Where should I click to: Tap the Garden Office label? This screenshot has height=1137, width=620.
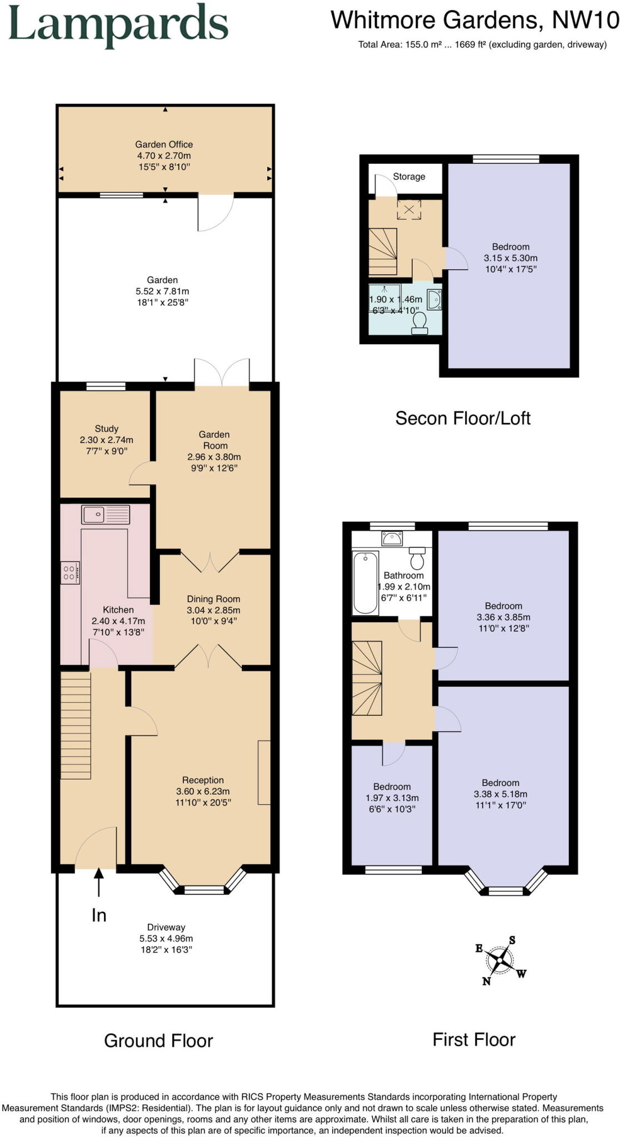tap(164, 144)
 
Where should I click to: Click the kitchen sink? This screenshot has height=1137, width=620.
tap(106, 515)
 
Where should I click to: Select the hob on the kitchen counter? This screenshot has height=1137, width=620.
tap(70, 573)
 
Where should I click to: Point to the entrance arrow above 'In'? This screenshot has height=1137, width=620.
tap(99, 882)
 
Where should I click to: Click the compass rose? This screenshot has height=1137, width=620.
tap(501, 959)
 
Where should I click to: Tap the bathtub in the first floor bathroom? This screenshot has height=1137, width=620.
tap(366, 582)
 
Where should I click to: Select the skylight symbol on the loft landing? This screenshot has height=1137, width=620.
tap(409, 210)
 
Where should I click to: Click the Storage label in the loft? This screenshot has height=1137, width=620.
tap(409, 177)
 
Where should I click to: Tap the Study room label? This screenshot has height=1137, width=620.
tap(106, 429)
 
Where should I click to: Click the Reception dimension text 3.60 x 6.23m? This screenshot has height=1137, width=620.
tap(203, 791)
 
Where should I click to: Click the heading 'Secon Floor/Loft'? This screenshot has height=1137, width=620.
tap(462, 418)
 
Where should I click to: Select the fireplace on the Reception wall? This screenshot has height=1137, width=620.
tap(264, 772)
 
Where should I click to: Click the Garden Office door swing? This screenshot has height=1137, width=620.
tap(216, 214)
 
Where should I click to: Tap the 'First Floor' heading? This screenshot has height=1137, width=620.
tap(474, 1039)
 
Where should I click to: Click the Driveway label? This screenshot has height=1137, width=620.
tap(166, 927)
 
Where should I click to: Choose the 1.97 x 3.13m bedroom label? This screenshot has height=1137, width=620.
tap(392, 798)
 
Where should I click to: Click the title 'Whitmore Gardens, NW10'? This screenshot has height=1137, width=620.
tap(474, 21)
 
